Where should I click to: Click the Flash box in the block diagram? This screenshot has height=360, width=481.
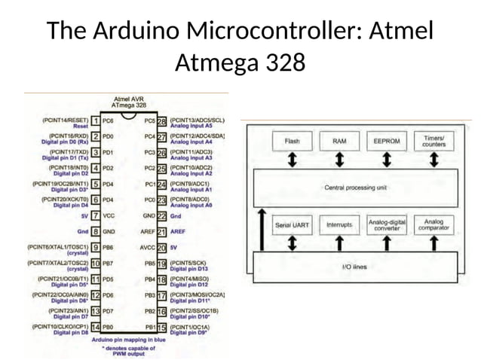click(x=292, y=141)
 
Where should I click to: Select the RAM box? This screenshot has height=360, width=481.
click(x=340, y=141)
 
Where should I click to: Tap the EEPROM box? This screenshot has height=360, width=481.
click(x=387, y=141)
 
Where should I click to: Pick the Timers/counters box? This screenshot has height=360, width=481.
click(x=434, y=141)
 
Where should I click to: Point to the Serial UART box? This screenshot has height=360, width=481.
click(x=292, y=224)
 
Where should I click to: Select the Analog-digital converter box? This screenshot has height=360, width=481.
click(x=387, y=224)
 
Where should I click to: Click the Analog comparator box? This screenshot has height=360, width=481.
click(x=434, y=224)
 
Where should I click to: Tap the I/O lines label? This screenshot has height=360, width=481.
click(x=355, y=266)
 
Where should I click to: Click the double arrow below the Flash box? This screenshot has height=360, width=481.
click(x=292, y=159)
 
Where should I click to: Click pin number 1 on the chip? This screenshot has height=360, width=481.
click(x=96, y=121)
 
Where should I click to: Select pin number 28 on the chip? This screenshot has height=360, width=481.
click(x=161, y=121)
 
